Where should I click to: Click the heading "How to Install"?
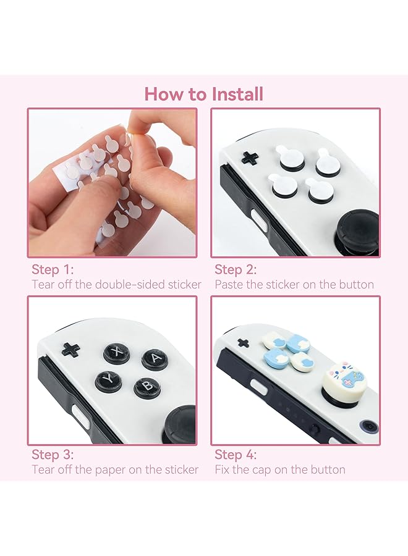[204, 94]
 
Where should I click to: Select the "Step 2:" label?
[236, 269]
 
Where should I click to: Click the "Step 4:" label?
[236, 455]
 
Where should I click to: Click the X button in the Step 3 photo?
[116, 352]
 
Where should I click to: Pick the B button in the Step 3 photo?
[147, 386]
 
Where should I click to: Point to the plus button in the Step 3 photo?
[70, 349]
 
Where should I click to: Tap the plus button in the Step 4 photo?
[243, 343]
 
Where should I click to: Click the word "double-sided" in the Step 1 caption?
[127, 285]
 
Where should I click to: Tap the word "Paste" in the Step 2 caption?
[229, 285]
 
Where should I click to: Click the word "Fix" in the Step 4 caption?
[223, 470]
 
